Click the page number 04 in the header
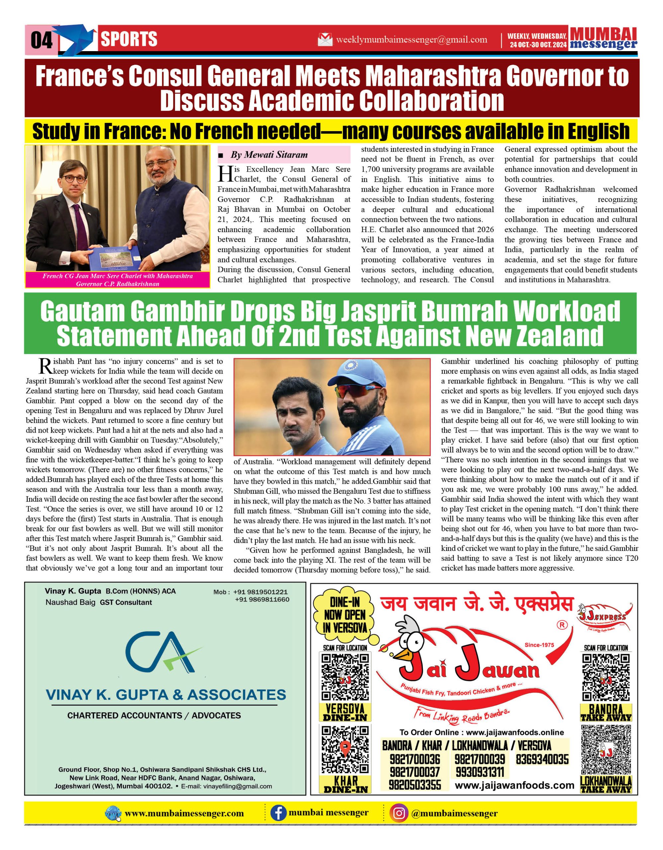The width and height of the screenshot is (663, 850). pyautogui.click(x=41, y=41)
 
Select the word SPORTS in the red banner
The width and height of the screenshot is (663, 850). pyautogui.click(x=129, y=39)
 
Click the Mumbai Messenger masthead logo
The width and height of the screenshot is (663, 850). pyautogui.click(x=604, y=39)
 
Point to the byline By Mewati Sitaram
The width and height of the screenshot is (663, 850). pyautogui.click(x=269, y=155)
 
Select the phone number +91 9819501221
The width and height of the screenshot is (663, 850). pyautogui.click(x=260, y=592)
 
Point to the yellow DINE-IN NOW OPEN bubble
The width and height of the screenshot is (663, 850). pyautogui.click(x=345, y=615)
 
